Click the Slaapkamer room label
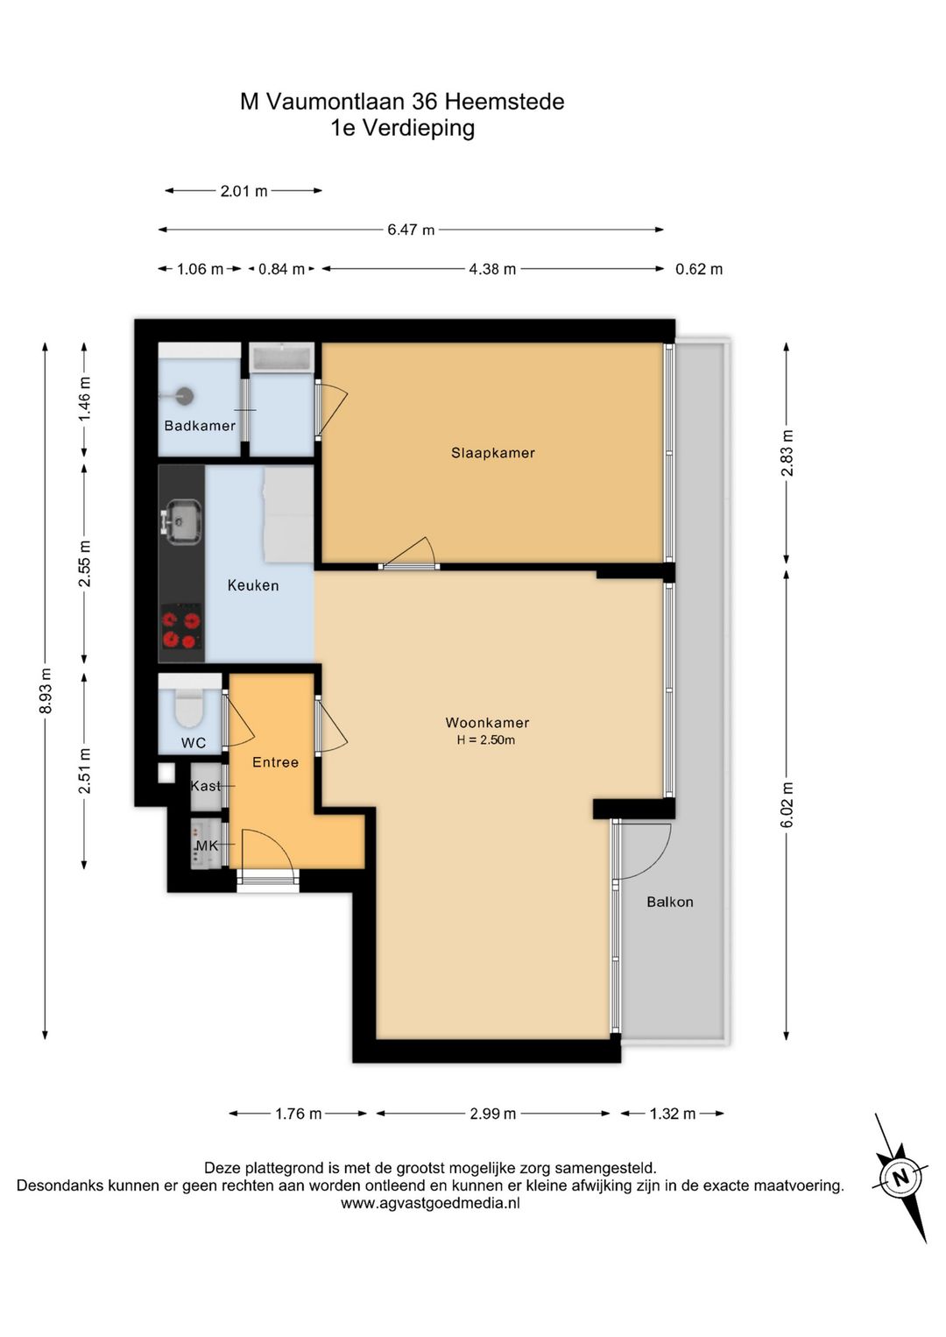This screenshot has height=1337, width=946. [492, 453]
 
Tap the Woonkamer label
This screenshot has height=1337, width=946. [487, 723]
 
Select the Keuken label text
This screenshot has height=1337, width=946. [253, 585]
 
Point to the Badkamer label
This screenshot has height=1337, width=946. [200, 426]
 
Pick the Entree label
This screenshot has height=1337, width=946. [275, 762]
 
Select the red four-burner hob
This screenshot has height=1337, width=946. [181, 626]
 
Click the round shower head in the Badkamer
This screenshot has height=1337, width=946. [186, 395]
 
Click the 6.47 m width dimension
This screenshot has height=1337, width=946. [411, 230]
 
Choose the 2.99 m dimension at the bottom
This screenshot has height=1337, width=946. [492, 1114]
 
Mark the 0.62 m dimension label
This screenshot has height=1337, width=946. [699, 269]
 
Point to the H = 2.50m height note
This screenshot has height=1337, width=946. [486, 740]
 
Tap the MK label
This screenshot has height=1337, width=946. [207, 845]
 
